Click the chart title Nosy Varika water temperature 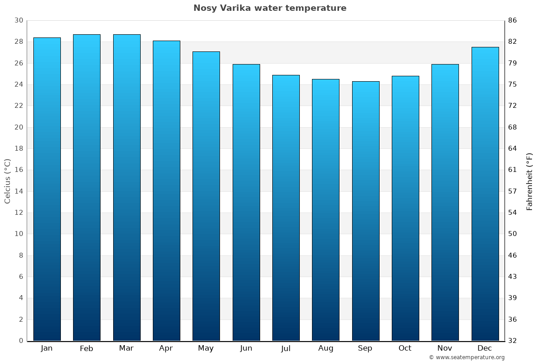click(x=270, y=8)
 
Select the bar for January click(x=47, y=190)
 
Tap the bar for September click(x=366, y=211)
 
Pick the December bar click(x=485, y=194)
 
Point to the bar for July click(x=286, y=208)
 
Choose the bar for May click(x=206, y=196)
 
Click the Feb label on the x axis click(x=87, y=348)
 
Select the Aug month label click(x=326, y=348)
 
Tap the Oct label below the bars click(x=405, y=348)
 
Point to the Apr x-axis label click(x=166, y=348)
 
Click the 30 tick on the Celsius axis click(x=18, y=20)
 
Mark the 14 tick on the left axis click(x=18, y=191)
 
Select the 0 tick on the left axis click(x=21, y=341)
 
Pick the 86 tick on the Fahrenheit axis click(x=513, y=20)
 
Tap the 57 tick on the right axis click(x=513, y=191)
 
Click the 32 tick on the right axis click(x=513, y=341)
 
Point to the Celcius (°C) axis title click(x=7, y=180)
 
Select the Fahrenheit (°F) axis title click(x=530, y=181)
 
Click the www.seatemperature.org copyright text click(x=467, y=357)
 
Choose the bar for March click(x=127, y=188)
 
